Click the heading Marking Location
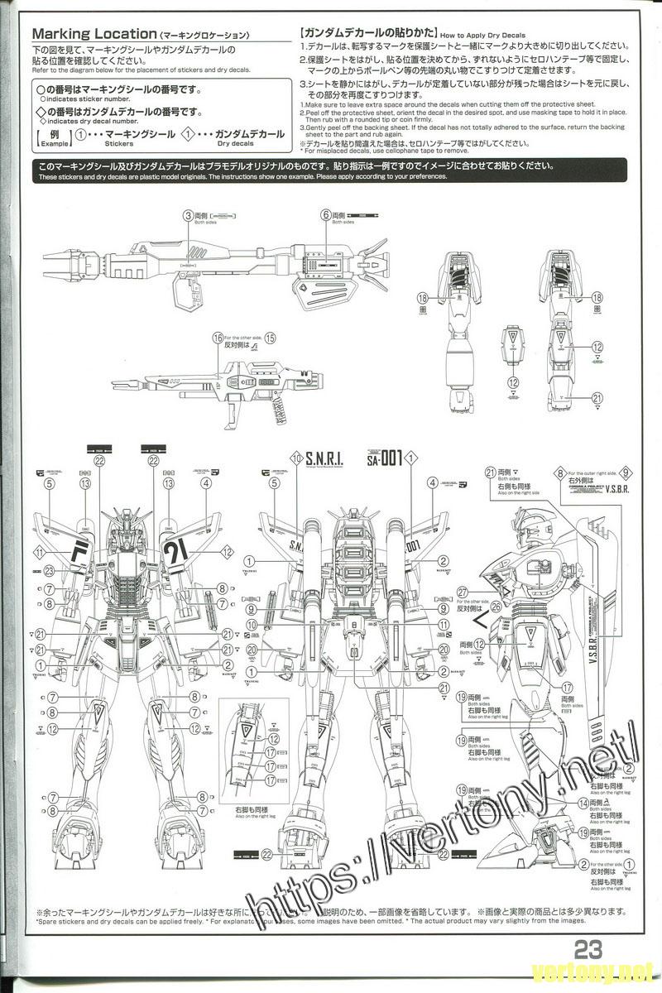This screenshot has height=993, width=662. coord(92,35)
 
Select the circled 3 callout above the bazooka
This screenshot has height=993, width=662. coord(189,214)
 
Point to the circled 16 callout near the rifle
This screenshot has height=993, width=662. coord(218,338)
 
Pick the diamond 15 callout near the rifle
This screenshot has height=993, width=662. coord(270,338)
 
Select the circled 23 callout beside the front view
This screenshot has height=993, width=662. coord(49,569)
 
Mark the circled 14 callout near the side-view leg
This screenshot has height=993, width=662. coord(584,803)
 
